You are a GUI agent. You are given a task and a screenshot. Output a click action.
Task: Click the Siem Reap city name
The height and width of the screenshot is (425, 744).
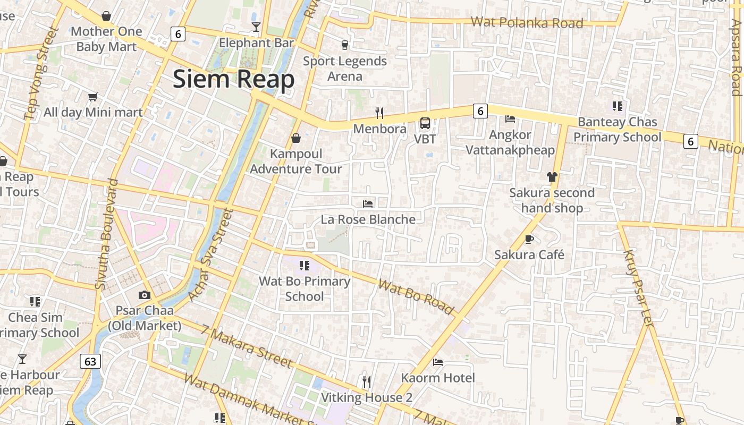233,79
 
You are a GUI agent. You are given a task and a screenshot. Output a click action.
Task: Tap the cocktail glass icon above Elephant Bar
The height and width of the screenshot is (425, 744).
256,27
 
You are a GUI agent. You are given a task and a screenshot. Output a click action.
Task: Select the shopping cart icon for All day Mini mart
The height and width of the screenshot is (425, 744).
93,97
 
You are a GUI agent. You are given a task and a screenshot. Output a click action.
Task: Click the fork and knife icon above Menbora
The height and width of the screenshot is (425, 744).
379,113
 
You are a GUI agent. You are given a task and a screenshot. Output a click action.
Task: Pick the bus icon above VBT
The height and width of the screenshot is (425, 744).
425,123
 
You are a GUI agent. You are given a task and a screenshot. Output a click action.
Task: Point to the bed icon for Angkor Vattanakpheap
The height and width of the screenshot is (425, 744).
510,118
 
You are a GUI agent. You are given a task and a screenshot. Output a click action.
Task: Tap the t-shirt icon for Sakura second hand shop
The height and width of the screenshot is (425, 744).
552,177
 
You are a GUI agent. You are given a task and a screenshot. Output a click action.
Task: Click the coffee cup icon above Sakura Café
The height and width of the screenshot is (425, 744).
529,239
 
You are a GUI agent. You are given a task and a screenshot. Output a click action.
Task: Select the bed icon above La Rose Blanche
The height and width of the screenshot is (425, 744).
368,203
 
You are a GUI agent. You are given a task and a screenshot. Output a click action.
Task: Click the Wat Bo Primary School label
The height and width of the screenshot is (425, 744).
305,288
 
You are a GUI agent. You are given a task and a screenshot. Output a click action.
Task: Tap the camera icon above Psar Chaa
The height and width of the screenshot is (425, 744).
145,295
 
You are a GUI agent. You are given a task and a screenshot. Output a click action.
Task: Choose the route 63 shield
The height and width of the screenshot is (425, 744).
90,362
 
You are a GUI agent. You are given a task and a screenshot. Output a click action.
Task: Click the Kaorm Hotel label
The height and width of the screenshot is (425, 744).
438,378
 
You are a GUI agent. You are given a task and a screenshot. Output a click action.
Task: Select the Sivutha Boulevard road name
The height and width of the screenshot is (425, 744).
106,234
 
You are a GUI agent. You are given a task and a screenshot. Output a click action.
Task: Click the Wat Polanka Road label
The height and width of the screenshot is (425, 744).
527,23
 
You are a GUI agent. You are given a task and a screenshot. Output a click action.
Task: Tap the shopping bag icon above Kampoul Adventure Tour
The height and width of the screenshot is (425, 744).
296,138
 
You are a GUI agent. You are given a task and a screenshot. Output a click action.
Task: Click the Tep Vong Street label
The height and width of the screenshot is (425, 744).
40,73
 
